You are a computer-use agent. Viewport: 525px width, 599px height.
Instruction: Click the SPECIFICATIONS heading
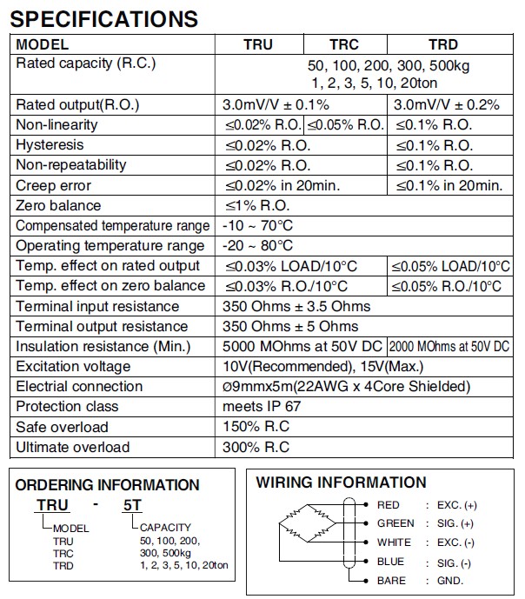tap(104, 17)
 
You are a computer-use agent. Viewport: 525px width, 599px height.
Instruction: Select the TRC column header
tap(344, 44)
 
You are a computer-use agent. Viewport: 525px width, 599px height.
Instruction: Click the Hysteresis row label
tap(50, 145)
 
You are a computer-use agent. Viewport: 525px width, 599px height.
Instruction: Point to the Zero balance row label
tap(58, 206)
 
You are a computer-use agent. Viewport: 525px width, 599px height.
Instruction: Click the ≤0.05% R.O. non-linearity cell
tap(345, 125)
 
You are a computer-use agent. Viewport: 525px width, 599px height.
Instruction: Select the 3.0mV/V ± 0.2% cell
tap(446, 105)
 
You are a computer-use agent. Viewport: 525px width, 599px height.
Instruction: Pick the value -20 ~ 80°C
tap(258, 246)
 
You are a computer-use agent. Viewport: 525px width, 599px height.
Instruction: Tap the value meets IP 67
tap(263, 407)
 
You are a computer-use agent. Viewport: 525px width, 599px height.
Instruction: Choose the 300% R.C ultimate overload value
tap(256, 447)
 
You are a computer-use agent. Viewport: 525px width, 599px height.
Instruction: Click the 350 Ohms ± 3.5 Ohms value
tap(296, 306)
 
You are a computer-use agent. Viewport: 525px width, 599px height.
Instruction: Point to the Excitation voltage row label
tap(73, 367)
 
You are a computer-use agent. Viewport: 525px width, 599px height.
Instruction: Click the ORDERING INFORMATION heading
tap(108, 485)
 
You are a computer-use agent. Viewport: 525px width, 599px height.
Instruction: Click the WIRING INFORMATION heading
tap(342, 483)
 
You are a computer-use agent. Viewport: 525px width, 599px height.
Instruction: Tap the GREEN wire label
tap(395, 523)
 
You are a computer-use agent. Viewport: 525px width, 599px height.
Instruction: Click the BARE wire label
tap(391, 581)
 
